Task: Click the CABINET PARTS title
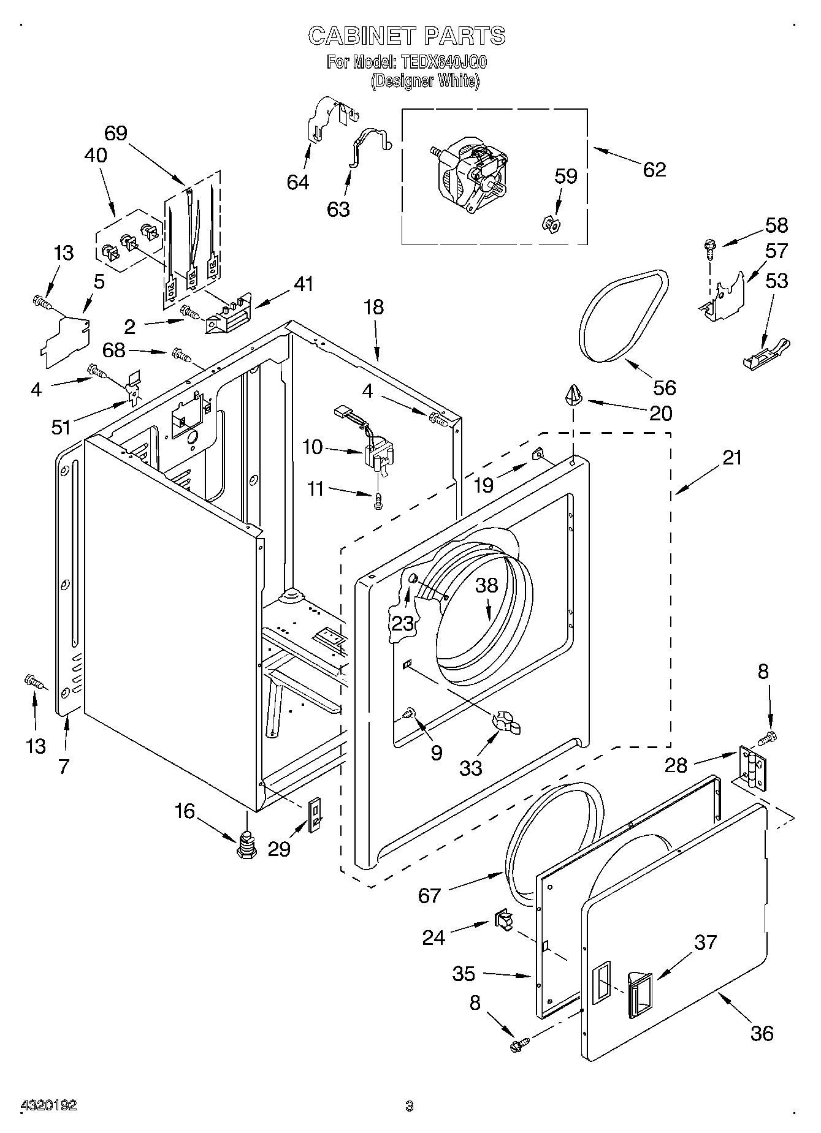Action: coord(407,36)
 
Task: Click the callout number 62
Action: coord(654,169)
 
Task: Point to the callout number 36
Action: coord(762,1033)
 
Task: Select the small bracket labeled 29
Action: coord(314,815)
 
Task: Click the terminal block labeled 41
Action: coord(229,316)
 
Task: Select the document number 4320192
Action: coord(49,1105)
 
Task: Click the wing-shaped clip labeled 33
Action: coord(506,722)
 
